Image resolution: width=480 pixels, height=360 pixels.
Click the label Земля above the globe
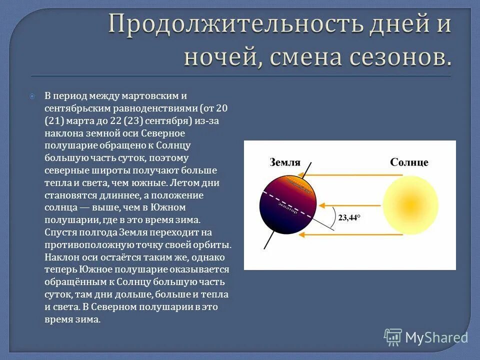(x=285, y=162)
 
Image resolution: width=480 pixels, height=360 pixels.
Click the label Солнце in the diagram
(x=409, y=162)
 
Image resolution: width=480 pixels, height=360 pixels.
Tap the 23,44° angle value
(x=349, y=217)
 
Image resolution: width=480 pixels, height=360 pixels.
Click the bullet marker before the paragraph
(x=32, y=95)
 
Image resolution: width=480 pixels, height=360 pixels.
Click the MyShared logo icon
(x=393, y=337)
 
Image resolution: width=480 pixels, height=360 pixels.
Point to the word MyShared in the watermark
(x=436, y=337)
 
